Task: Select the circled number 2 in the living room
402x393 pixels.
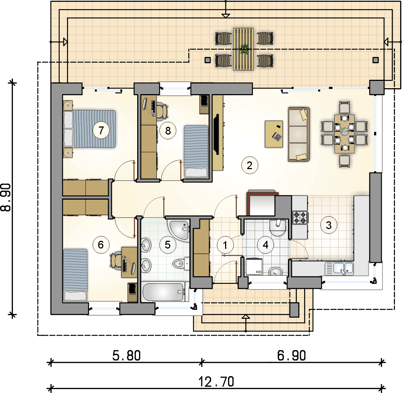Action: pos(249,165)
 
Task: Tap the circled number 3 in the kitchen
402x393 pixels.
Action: pos(328,225)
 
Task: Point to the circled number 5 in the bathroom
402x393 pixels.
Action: pos(168,245)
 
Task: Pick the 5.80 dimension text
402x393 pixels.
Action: pos(126,356)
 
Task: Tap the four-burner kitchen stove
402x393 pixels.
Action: pos(300,217)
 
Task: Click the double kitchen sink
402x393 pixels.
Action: pos(339,268)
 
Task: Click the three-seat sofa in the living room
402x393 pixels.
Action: pos(299,134)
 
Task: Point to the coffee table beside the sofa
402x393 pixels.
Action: pos(274,134)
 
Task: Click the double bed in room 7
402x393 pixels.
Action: pos(95,129)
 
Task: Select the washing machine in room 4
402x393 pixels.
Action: pos(253,266)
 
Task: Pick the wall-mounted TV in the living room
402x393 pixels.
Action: pos(217,134)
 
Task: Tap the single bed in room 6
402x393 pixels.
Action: pos(75,274)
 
